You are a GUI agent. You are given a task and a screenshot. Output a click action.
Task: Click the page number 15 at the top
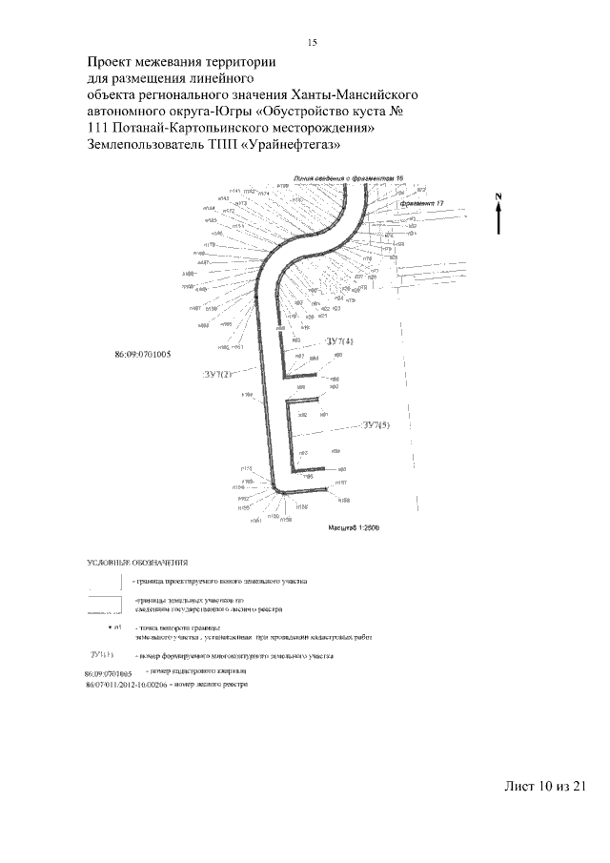pyautogui.click(x=312, y=42)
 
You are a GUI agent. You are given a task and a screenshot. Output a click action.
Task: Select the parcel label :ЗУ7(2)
pyautogui.click(x=217, y=374)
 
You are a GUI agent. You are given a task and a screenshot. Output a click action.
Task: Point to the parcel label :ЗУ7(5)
pyautogui.click(x=374, y=425)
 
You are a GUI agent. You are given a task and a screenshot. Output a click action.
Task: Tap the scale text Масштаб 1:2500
pyautogui.click(x=354, y=526)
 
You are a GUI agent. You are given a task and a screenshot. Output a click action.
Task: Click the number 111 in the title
pyautogui.click(x=97, y=128)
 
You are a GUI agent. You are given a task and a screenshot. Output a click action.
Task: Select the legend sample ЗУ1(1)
pyautogui.click(x=101, y=656)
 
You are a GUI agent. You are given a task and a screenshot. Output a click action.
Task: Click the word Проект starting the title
pyautogui.click(x=112, y=62)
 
